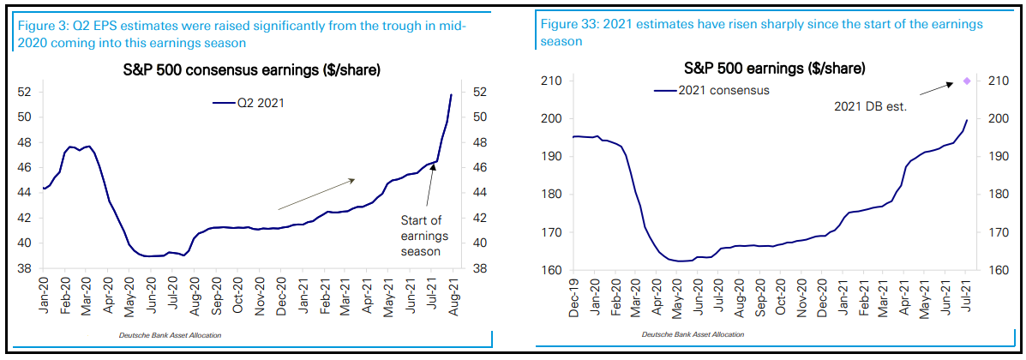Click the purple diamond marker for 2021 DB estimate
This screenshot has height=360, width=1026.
(968, 81)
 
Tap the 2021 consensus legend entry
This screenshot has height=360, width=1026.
(716, 89)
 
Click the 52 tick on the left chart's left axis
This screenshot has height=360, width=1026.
(26, 92)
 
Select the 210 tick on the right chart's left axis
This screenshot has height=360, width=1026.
(552, 81)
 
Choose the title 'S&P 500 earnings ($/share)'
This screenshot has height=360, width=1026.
(774, 67)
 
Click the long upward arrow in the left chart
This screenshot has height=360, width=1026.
(316, 195)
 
